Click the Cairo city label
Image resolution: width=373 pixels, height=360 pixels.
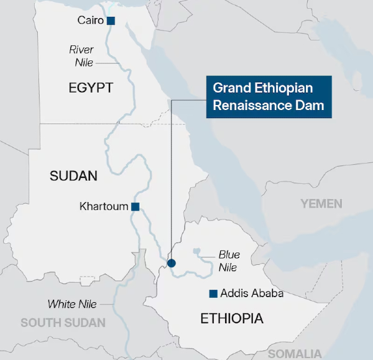coord(90,21)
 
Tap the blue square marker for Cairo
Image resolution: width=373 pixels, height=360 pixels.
coord(111,21)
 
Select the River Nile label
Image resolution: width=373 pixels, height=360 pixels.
coord(81,55)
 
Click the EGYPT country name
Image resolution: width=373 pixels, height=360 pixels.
coord(91,88)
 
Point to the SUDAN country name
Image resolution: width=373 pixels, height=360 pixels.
coord(73,176)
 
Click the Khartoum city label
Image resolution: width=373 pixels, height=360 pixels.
coord(104,206)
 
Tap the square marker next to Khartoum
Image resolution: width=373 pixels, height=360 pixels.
coord(135,206)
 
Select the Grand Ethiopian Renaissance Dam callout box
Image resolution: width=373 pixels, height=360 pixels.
coord(269,97)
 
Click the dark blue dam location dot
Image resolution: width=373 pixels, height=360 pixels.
coord(172,263)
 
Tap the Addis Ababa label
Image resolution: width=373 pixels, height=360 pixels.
coord(252,293)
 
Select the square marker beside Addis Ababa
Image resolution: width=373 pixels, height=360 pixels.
coord(213,293)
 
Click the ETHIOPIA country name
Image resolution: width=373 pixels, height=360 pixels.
coord(232,319)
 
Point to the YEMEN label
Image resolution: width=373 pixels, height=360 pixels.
coord(321,203)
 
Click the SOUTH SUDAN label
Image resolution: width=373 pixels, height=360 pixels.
coord(63,323)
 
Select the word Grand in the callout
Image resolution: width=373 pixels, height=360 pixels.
coord(229,88)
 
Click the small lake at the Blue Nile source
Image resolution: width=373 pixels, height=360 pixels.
coord(198,251)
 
